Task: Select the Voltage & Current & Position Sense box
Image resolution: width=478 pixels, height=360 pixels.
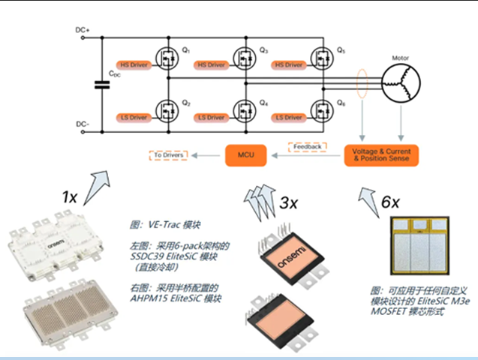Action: pos(380,155)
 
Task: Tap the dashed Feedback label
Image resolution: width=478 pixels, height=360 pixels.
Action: pos(308,146)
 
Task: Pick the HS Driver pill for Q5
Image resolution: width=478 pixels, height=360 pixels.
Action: pos(290,66)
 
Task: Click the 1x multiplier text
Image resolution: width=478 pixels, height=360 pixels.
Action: pos(70,197)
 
